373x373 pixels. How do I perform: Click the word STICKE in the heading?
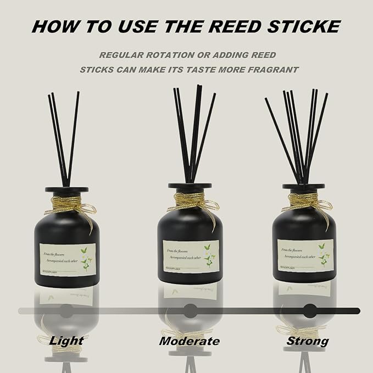coord(307,26)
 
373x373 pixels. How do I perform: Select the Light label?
coord(66,341)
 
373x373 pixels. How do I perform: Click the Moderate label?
coord(189,341)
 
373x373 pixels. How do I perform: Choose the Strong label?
coord(307,341)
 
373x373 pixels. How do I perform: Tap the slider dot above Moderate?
coord(190,310)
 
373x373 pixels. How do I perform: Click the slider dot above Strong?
coord(310,310)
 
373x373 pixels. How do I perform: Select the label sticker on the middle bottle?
coord(190,254)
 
